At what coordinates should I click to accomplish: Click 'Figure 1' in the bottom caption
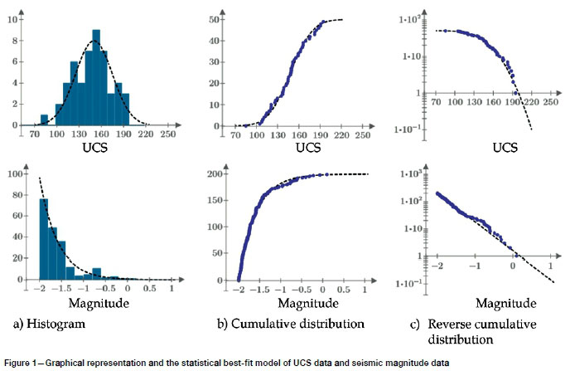pos(25,362)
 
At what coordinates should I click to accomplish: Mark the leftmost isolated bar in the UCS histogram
pos(45,119)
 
